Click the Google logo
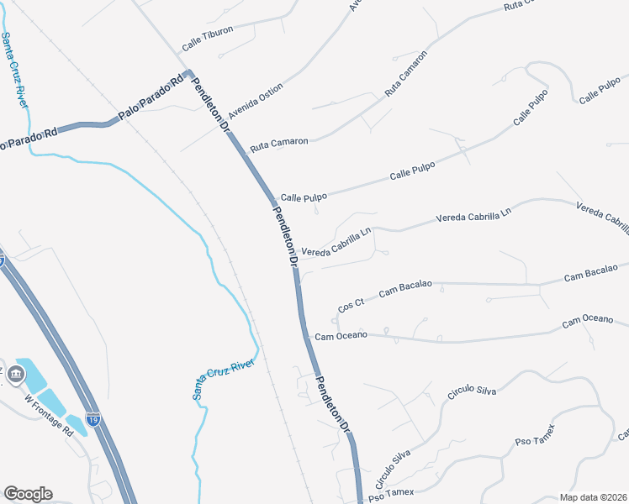tap(27, 494)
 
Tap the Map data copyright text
tap(593, 496)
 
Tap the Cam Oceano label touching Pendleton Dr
tap(341, 336)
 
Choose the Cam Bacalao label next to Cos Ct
tap(405, 289)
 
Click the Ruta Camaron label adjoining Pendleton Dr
tap(279, 143)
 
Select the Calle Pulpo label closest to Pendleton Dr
tap(304, 197)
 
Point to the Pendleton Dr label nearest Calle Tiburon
tap(211, 106)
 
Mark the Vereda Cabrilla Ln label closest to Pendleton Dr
tap(336, 242)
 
